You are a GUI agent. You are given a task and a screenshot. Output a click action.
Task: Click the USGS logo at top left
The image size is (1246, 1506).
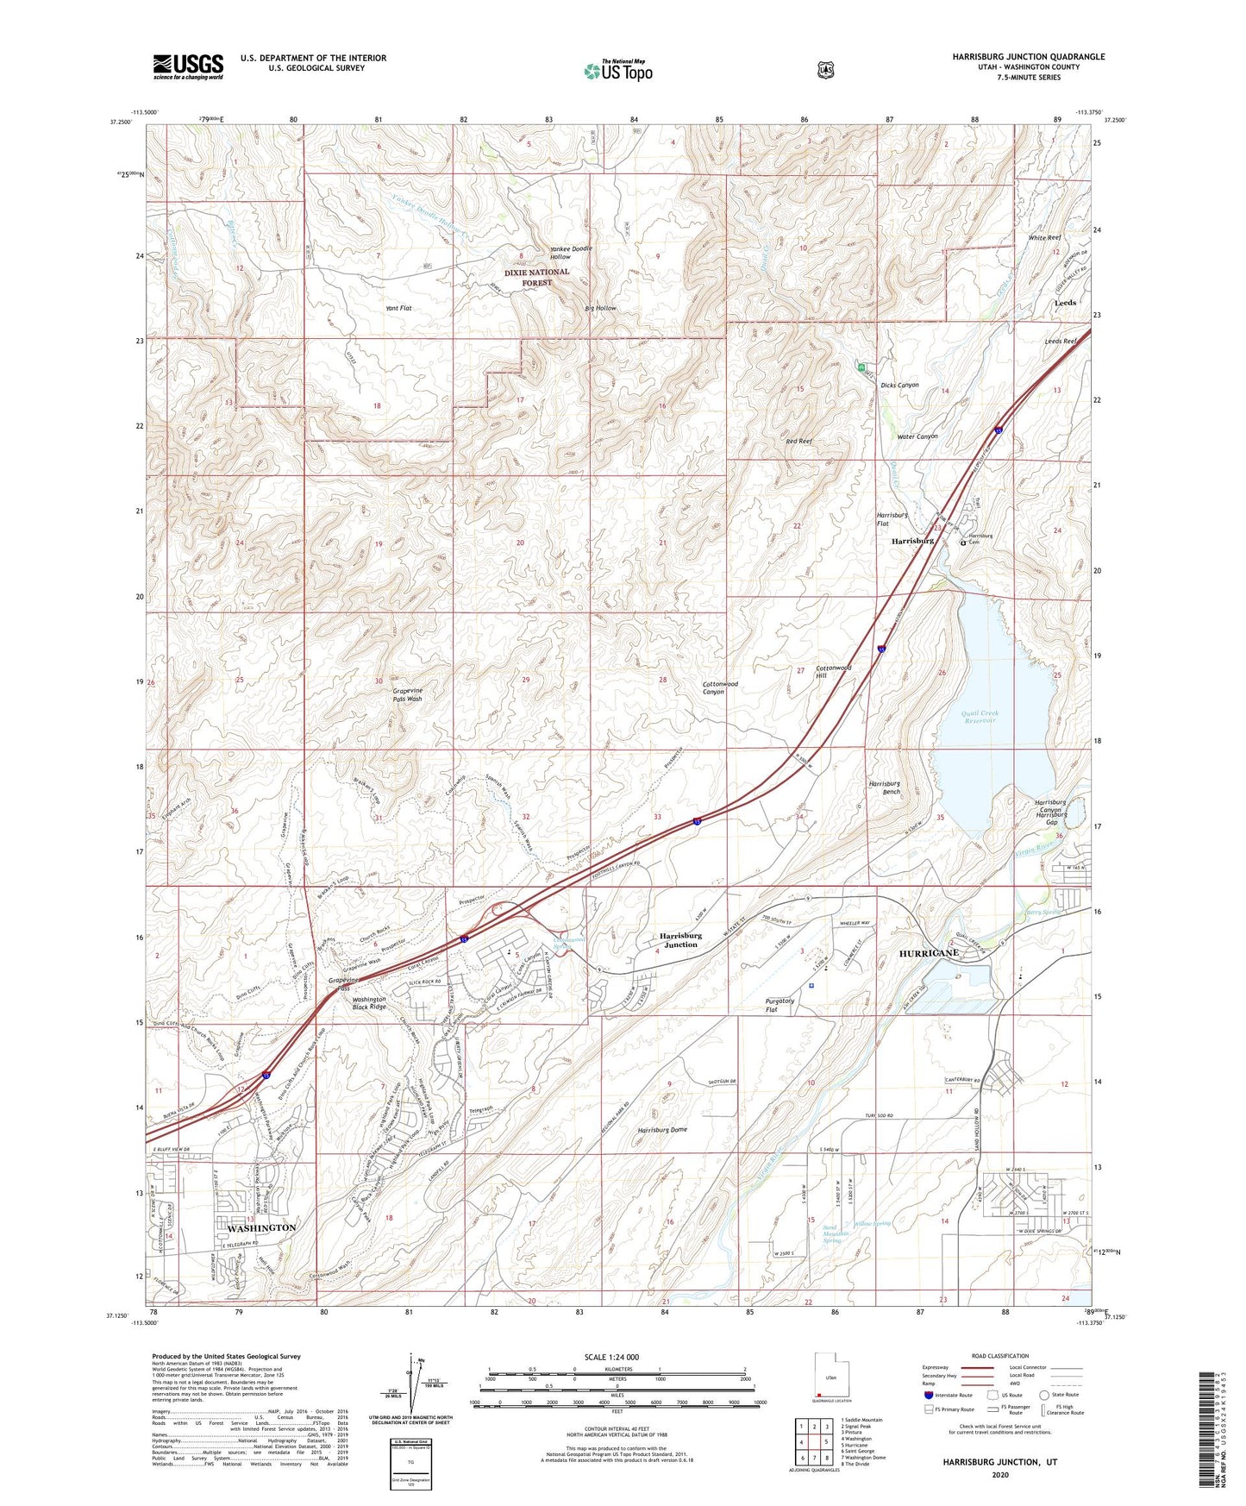188,66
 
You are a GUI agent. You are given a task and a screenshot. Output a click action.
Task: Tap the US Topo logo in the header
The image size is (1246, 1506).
617,71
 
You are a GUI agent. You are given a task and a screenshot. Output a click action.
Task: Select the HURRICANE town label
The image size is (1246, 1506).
929,953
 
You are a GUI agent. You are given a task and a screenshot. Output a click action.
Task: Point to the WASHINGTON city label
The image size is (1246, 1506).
261,1227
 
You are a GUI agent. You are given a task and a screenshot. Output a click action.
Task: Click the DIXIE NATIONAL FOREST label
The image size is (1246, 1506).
536,277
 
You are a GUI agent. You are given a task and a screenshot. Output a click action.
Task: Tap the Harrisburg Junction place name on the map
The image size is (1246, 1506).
680,940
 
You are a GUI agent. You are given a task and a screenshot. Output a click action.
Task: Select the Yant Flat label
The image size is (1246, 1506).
398,308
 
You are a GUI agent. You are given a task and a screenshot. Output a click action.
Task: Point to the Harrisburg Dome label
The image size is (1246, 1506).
662,1129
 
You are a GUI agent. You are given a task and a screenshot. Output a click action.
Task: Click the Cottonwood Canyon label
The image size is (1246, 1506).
720,687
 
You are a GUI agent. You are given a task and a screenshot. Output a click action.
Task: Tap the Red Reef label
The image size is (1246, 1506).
798,441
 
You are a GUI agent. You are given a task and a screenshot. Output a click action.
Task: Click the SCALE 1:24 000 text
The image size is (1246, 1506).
610,1357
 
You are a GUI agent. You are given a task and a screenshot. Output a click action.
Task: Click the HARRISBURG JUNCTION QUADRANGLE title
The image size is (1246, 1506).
1028,57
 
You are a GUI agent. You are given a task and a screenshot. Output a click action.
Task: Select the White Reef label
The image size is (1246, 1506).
1044,237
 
